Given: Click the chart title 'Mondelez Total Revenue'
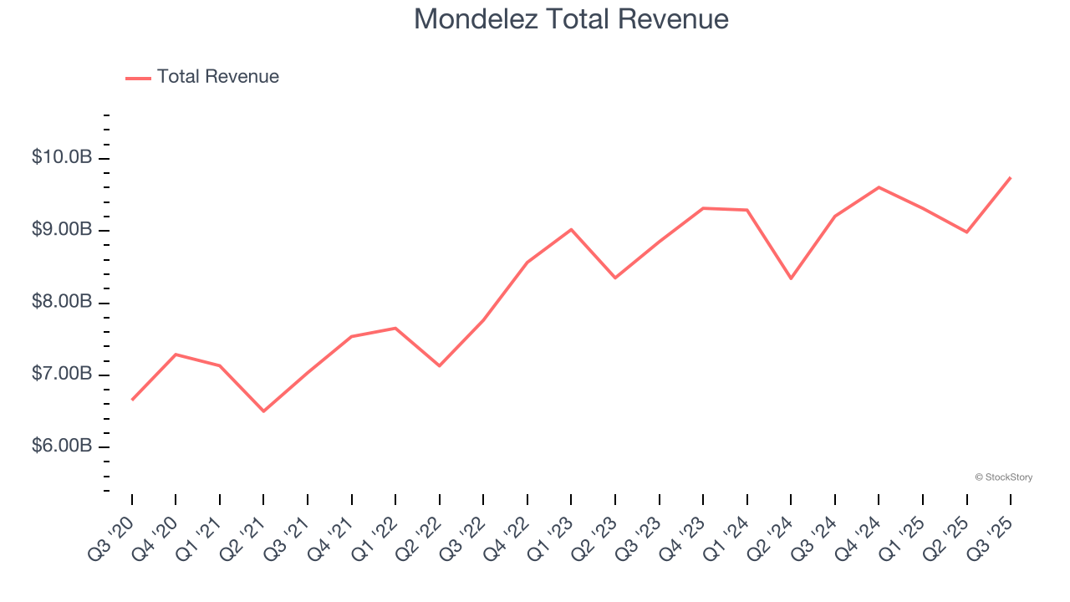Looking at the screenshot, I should [571, 19].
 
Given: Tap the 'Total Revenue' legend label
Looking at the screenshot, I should [217, 77].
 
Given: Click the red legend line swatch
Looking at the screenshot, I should [138, 78].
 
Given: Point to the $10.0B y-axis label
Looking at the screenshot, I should [62, 157].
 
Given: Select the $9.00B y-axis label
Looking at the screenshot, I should [62, 229].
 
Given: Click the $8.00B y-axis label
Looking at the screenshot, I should [62, 302].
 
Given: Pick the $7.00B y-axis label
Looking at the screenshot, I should [62, 374].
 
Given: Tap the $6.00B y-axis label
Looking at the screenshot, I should [62, 446].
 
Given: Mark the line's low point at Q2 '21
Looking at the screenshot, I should [263, 411].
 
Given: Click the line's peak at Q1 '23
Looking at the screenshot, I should [571, 229].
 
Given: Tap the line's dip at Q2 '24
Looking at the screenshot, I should [791, 278].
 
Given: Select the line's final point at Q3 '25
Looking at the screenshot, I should [1011, 177].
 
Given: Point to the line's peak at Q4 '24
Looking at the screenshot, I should [879, 187].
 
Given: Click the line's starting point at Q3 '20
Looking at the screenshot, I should [132, 400].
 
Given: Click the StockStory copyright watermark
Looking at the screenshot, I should [1003, 477].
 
